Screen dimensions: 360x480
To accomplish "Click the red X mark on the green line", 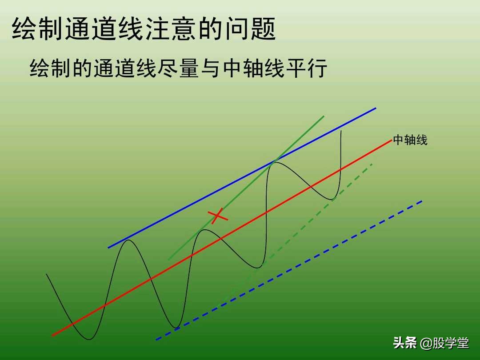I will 218,216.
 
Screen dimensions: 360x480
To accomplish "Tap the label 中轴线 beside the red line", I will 410,140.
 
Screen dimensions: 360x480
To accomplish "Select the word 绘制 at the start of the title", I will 38,29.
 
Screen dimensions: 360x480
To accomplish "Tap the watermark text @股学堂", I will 444,343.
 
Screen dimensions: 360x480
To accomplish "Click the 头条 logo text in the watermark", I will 405,343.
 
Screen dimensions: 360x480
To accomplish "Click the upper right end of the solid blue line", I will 376,108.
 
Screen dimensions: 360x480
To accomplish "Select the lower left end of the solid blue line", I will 108,248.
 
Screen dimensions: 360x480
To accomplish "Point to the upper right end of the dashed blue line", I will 421,201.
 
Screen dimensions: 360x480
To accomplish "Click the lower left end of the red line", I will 52,335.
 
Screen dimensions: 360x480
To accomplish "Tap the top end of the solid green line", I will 324,116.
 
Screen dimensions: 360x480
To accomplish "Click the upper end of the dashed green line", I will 372,164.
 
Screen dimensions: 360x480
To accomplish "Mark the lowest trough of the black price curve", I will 90,340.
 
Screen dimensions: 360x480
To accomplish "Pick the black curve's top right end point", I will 341,130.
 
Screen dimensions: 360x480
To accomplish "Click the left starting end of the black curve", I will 46,274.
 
